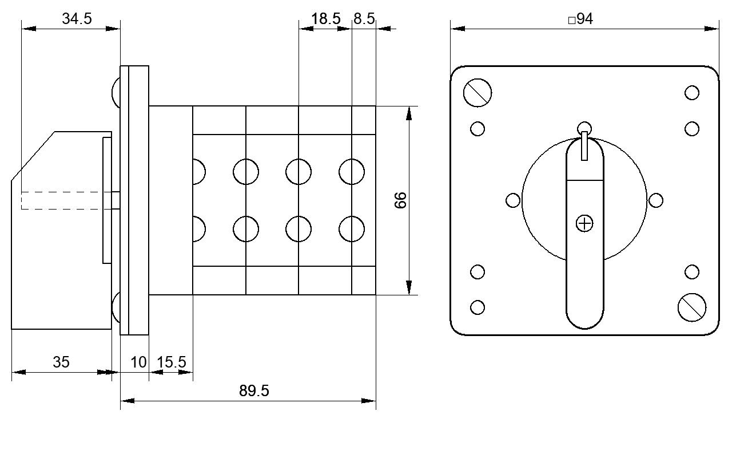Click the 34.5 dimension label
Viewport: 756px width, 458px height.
point(77,18)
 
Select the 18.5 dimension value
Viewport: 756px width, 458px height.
point(325,18)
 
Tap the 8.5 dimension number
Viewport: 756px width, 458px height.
point(364,18)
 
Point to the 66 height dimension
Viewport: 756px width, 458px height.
point(401,200)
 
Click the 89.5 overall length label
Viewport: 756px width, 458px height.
point(254,391)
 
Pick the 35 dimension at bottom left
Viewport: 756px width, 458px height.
point(61,362)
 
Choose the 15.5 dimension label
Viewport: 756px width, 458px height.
point(172,362)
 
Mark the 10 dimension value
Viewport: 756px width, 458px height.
point(138,362)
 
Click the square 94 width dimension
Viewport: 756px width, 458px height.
point(580,19)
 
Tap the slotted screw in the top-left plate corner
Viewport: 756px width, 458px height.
point(478,93)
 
